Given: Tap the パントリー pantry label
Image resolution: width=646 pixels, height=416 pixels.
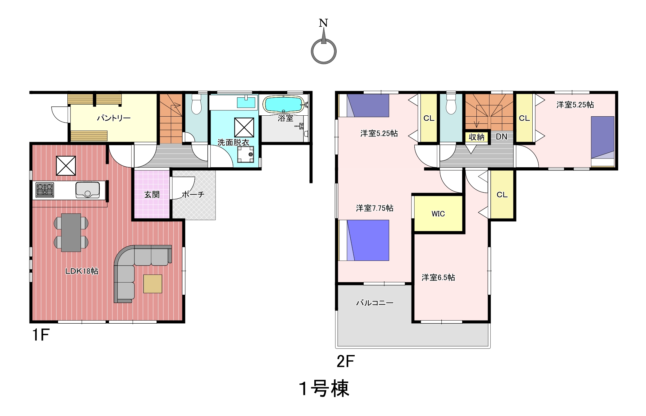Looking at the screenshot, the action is point(114,118).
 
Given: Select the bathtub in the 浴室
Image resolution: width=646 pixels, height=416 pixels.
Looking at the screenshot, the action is point(283,104).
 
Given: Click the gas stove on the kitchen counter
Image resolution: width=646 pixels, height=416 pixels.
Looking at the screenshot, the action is point(45,190).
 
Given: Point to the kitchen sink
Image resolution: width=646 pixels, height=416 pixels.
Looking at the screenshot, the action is point(88,190).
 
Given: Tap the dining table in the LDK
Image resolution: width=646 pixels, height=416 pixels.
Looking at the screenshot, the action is point(71,232).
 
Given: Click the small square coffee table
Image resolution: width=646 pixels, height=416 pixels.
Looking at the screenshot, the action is point(152,284).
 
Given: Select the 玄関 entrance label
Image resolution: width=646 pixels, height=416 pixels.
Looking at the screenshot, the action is point(152,195).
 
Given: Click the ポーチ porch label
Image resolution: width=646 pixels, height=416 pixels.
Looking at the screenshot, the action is point(193,195).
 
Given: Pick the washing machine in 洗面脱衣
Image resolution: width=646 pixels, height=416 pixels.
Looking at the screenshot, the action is point(246,155).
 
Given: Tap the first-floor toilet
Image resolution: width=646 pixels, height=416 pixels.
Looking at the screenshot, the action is point(196,104).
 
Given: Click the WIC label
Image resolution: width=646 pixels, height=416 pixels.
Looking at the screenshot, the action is point(438,214).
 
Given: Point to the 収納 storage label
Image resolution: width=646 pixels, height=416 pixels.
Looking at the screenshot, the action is point(476,137).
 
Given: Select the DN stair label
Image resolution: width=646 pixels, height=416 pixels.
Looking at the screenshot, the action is point(501,137).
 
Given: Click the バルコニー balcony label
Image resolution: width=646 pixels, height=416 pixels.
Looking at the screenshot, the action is point(375,303).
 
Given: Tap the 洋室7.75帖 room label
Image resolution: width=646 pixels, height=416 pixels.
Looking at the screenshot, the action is point(375,208).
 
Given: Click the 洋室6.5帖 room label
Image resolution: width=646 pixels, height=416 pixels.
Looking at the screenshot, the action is point(438,277).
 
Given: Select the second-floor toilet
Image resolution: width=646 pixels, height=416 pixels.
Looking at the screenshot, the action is point(451,104).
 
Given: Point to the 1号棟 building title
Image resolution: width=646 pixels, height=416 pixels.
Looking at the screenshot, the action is point(324,389).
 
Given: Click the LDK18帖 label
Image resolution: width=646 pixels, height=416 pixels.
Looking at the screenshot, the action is point(82,271).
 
